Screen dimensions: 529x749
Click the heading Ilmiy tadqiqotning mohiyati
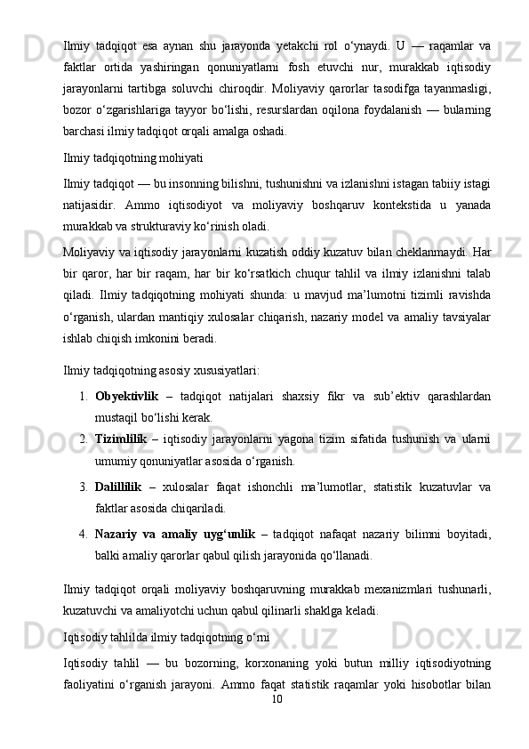tap(132, 158)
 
